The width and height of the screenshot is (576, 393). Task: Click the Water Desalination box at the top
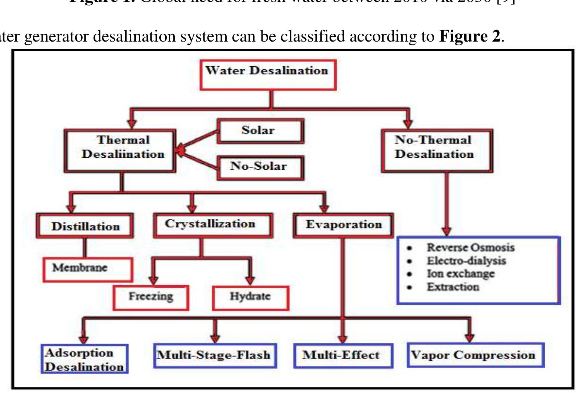268,75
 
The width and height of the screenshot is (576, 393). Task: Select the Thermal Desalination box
120,151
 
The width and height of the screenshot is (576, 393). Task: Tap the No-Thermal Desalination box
436,151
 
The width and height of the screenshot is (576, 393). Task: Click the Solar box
260,131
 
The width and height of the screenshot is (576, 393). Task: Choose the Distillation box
85,226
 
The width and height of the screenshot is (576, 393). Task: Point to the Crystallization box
213,225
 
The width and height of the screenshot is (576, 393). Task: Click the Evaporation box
343,225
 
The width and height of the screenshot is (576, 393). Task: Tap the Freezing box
151,297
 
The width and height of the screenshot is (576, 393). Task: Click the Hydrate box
250,297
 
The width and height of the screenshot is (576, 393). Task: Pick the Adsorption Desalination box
85,359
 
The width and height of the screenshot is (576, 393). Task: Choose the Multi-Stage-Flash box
215,355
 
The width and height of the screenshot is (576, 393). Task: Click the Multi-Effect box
343,355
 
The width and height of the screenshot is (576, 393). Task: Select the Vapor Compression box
475,355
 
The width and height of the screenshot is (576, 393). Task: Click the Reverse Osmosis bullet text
471,248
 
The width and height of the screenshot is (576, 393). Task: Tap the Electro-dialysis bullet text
466,261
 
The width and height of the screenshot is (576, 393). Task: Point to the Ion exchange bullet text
460,274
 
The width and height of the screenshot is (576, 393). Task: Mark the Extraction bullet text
453,287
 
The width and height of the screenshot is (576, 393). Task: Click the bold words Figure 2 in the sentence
469,36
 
